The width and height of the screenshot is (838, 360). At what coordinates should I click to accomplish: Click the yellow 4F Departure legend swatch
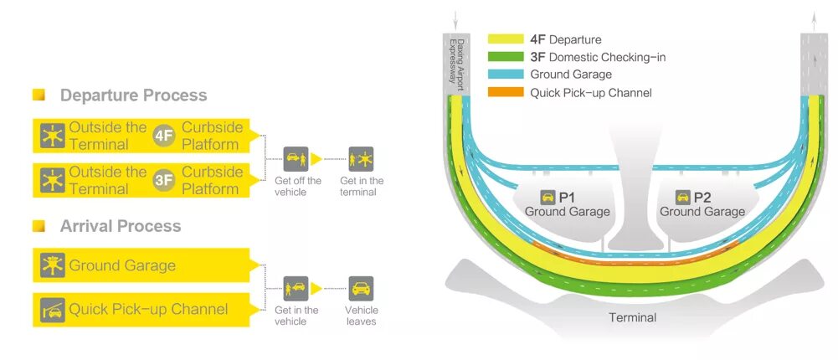click(505, 39)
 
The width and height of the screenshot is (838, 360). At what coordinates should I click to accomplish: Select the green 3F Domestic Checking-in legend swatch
click(505, 57)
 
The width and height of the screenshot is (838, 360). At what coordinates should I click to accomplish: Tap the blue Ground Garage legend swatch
click(505, 75)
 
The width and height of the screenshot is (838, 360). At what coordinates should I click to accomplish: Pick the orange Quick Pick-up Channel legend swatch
click(505, 92)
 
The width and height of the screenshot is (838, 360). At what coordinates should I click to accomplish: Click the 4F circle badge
click(164, 136)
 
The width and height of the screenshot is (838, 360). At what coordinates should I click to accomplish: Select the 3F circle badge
click(164, 180)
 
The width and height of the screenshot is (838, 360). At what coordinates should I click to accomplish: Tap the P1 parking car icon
click(547, 198)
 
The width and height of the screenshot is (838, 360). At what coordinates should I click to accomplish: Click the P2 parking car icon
click(682, 198)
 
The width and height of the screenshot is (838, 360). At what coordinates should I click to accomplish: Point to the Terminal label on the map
click(632, 317)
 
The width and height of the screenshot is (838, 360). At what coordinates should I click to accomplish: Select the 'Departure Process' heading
click(133, 95)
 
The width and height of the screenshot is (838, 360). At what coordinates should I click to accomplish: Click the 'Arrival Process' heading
click(120, 226)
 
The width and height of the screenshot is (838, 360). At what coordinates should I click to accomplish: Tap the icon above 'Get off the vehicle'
click(296, 159)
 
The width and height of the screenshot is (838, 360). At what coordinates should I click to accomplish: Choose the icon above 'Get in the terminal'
click(361, 159)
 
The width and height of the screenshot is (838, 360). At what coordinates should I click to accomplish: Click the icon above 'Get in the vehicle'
click(296, 289)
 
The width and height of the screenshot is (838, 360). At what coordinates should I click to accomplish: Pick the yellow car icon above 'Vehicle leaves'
click(361, 289)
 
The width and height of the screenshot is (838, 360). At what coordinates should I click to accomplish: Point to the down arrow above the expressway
click(455, 19)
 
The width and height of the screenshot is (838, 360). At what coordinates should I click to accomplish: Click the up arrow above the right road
click(813, 19)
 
